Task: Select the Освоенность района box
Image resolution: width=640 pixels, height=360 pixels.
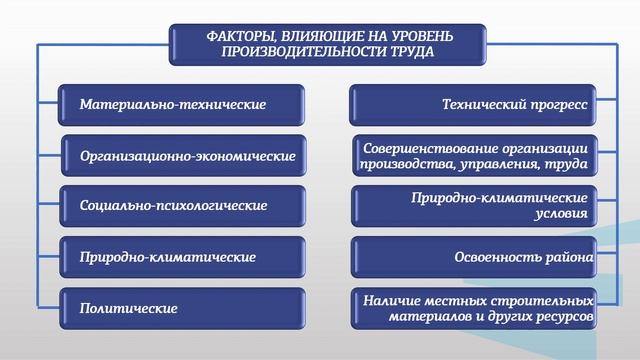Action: pos(474,257)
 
